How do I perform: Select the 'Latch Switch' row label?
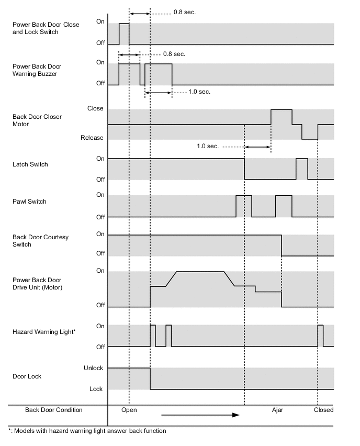click(x=30, y=164)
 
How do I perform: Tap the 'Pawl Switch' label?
click(x=29, y=202)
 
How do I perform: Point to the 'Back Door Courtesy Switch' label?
click(x=40, y=241)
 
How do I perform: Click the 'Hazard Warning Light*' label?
click(x=44, y=332)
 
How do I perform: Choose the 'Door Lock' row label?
click(x=27, y=376)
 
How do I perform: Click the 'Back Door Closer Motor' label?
click(x=37, y=120)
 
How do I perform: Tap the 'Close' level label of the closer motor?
click(x=95, y=109)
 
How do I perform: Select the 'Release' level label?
click(x=92, y=138)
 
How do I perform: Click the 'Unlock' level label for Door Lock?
click(x=94, y=368)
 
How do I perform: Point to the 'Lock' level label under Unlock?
click(x=96, y=389)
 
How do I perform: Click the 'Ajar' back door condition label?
click(x=277, y=410)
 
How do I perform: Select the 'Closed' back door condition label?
click(x=323, y=410)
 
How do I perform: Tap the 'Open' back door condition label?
click(x=129, y=410)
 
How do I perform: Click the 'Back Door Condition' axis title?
click(x=54, y=410)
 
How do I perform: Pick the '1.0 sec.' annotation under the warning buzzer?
click(x=199, y=92)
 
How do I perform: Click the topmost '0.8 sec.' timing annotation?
click(x=185, y=12)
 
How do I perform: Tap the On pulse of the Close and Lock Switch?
click(x=124, y=34)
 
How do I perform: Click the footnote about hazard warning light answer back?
click(x=87, y=431)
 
